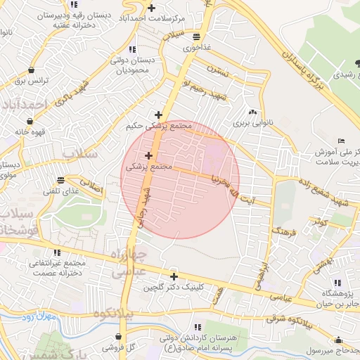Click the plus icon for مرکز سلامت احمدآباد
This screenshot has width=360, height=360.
tap(151, 8)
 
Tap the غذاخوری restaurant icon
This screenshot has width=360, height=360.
tap(195, 37)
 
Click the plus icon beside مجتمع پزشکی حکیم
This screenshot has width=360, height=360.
tap(159, 114)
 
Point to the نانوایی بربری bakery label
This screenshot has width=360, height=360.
tap(252, 122)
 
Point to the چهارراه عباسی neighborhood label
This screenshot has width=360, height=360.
tap(130, 262)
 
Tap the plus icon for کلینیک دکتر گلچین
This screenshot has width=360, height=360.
tap(174, 276)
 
